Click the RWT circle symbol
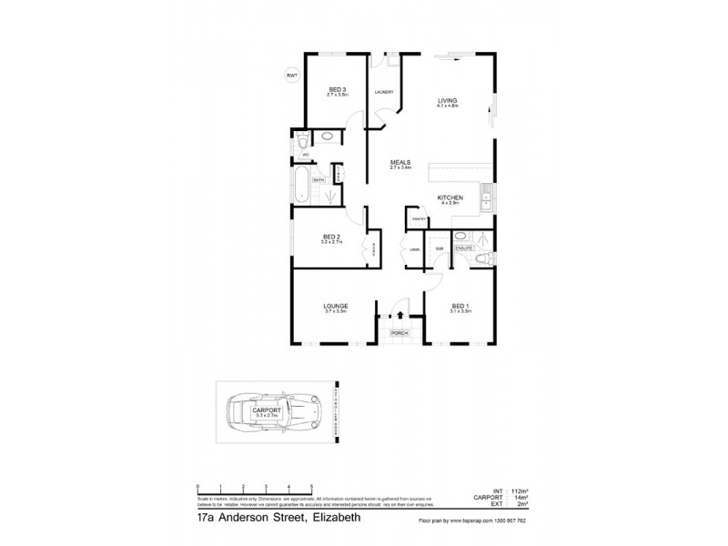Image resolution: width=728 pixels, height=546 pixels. (x=292, y=75)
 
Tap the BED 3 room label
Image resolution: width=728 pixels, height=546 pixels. (x=338, y=89)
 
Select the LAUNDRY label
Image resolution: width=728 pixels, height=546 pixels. (x=384, y=92)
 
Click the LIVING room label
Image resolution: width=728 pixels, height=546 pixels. (x=447, y=100)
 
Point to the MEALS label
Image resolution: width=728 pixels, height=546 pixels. (x=400, y=163)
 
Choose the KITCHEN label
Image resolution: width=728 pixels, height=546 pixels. (x=450, y=198)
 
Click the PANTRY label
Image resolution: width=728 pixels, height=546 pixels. (x=420, y=220)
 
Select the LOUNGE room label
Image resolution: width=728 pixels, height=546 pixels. (x=337, y=306)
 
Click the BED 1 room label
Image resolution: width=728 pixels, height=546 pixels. (x=459, y=306)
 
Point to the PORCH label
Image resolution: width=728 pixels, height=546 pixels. (x=399, y=334)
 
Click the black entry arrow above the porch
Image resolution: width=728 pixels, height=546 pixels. (x=399, y=315)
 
